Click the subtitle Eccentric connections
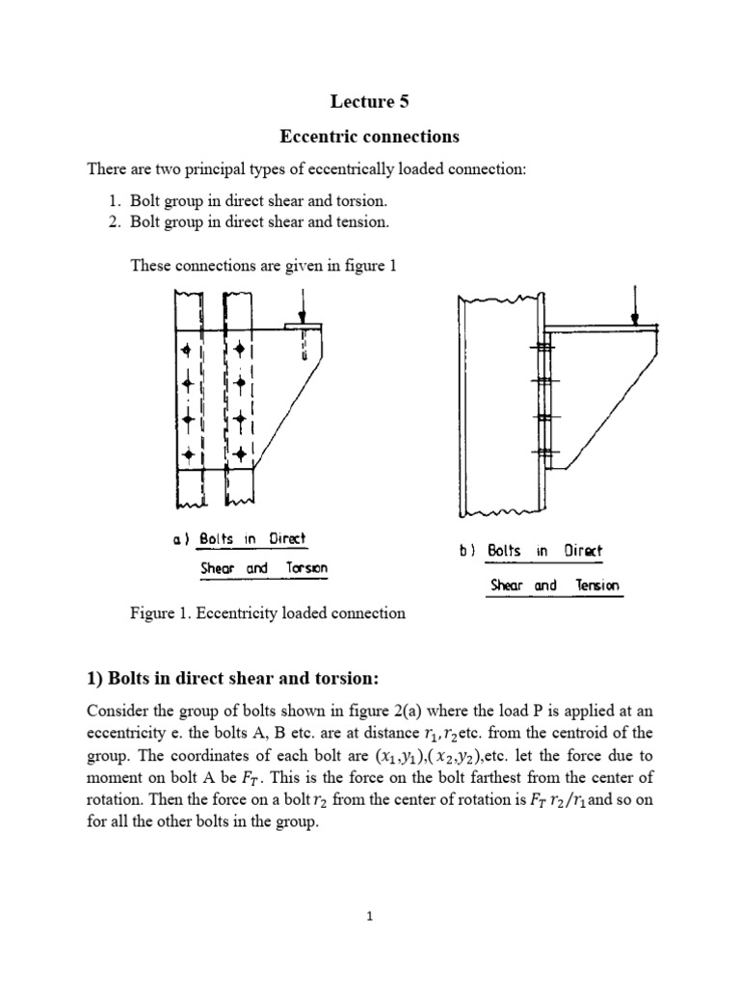pos(369,136)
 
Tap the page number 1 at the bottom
pos(369,917)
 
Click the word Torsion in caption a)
pos(305,568)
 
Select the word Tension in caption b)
pos(597,584)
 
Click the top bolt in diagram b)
pos(545,346)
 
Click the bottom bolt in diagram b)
pos(545,452)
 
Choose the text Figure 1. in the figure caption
pos(158,613)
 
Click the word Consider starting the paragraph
pos(119,711)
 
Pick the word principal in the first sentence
pos(206,169)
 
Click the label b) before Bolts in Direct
pos(468,551)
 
